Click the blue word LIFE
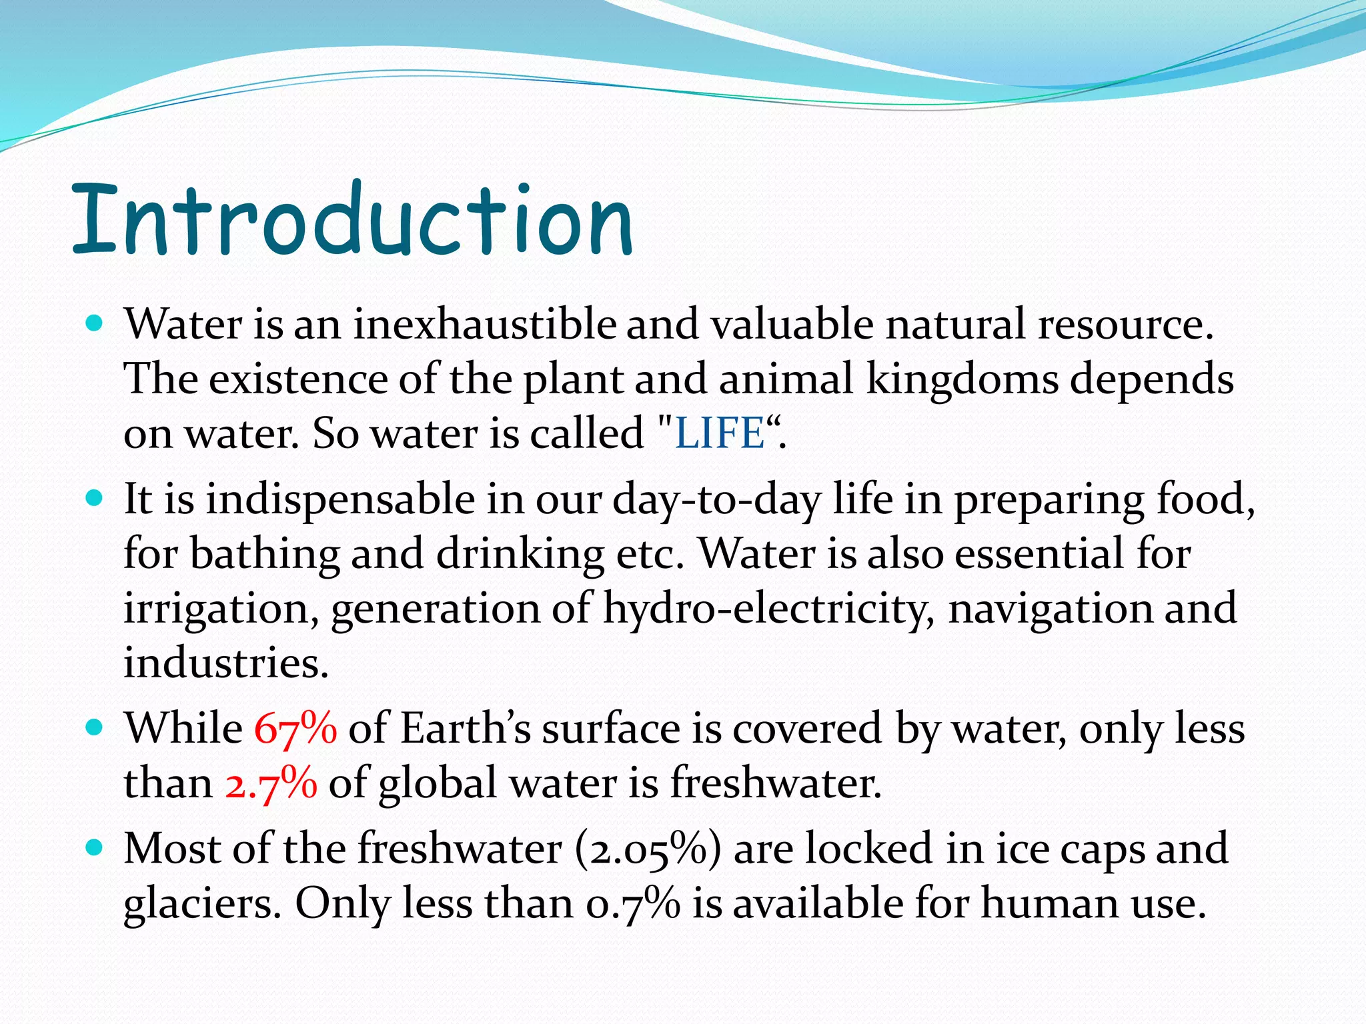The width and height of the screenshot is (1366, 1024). pos(719,433)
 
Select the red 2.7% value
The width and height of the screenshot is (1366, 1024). pos(271,783)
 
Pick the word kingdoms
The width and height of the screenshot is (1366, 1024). pos(962,379)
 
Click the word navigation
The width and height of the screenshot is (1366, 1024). pos(1050,608)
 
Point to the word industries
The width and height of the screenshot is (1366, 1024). pos(226,663)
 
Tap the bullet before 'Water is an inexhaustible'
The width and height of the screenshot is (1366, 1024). pos(95,325)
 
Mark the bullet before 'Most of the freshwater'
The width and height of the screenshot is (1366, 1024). pos(95,848)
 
